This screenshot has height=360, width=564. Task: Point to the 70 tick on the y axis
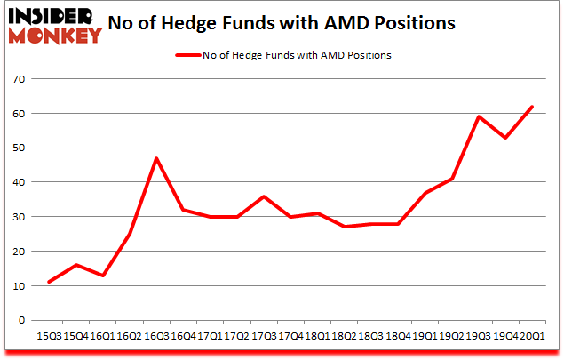pos(19,80)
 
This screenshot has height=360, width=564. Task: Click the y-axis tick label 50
pos(19,148)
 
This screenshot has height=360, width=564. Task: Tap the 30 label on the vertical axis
pos(19,217)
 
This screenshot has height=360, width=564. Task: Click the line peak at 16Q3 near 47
pos(156,159)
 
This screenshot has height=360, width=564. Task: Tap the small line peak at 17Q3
pos(265,196)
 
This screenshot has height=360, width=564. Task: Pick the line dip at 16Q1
pos(102,276)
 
